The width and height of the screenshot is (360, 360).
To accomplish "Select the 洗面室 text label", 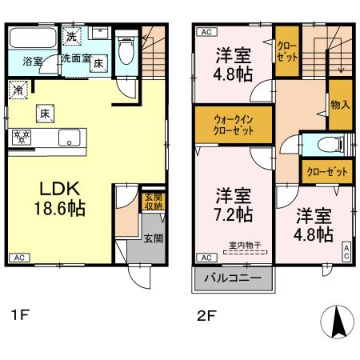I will [76, 58].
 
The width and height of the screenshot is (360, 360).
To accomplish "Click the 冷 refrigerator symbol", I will [18, 91].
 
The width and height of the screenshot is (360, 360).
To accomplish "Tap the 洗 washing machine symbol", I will [71, 36].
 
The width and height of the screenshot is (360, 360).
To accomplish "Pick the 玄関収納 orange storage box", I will [153, 201].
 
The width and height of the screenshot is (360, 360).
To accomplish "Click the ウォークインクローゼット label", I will [234, 124].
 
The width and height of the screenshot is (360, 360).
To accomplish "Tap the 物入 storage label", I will [339, 105].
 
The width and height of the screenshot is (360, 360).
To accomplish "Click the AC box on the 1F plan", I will [19, 258].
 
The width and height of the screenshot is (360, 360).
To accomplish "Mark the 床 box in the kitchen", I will [46, 113].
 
